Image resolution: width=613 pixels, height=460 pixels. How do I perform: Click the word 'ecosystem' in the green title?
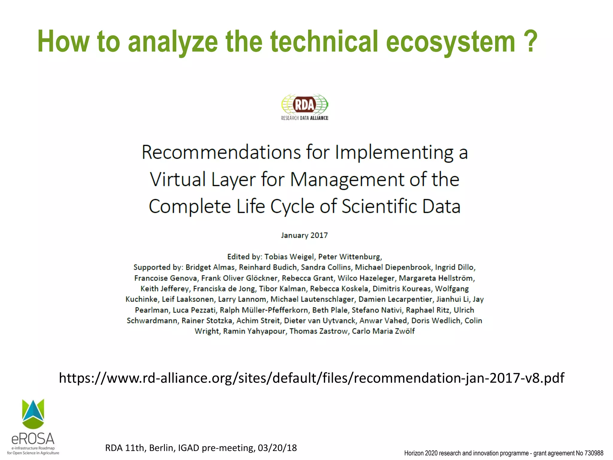point(450,42)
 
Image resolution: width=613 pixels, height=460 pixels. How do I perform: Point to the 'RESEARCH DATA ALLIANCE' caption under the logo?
point(304,118)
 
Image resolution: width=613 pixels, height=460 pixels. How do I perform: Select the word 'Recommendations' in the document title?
point(221,152)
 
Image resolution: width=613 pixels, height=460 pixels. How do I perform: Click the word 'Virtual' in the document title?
point(178,179)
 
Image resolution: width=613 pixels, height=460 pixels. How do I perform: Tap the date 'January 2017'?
point(304,235)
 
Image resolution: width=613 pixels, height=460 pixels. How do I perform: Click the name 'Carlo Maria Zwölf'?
point(383,331)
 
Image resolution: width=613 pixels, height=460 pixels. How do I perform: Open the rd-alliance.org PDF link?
point(311,378)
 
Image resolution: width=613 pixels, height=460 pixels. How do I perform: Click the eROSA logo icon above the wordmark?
point(33,414)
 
